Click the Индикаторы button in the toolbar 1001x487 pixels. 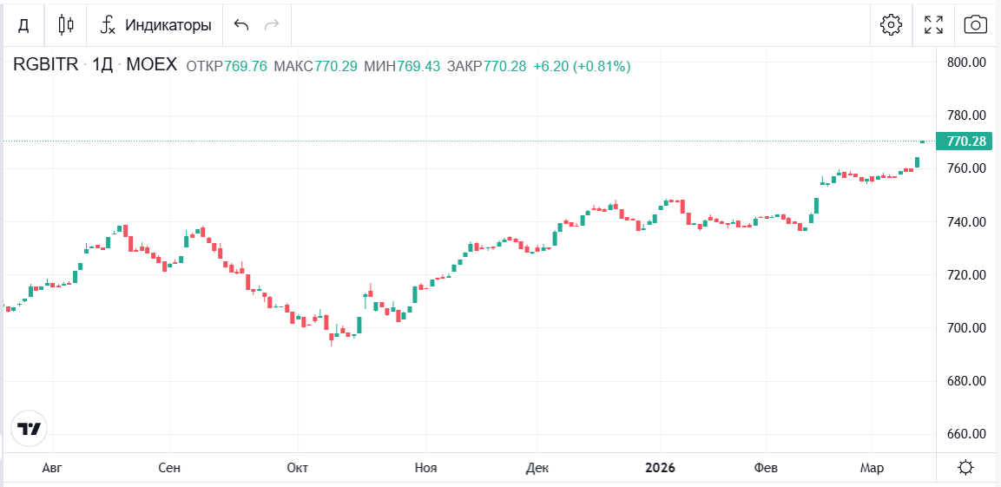[x=156, y=25]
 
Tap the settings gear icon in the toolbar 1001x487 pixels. [x=891, y=25]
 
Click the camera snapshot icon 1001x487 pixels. [x=976, y=25]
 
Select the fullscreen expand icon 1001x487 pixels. [x=933, y=25]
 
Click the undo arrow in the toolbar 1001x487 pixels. [x=241, y=25]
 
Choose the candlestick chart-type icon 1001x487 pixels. [x=66, y=25]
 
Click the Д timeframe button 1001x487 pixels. [x=23, y=25]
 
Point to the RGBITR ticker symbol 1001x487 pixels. [x=45, y=66]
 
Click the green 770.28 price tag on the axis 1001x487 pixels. [x=966, y=141]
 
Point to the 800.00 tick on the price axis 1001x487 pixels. [x=966, y=63]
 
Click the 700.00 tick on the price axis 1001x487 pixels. [x=966, y=328]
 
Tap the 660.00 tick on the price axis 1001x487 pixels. [x=966, y=434]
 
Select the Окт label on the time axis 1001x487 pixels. [x=297, y=469]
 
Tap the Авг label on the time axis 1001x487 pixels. [x=52, y=469]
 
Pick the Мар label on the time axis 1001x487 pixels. [x=872, y=469]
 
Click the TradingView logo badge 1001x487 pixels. [x=29, y=429]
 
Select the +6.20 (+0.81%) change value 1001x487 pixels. [x=582, y=66]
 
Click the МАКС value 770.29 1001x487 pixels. [x=336, y=66]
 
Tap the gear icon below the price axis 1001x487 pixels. [x=965, y=469]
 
